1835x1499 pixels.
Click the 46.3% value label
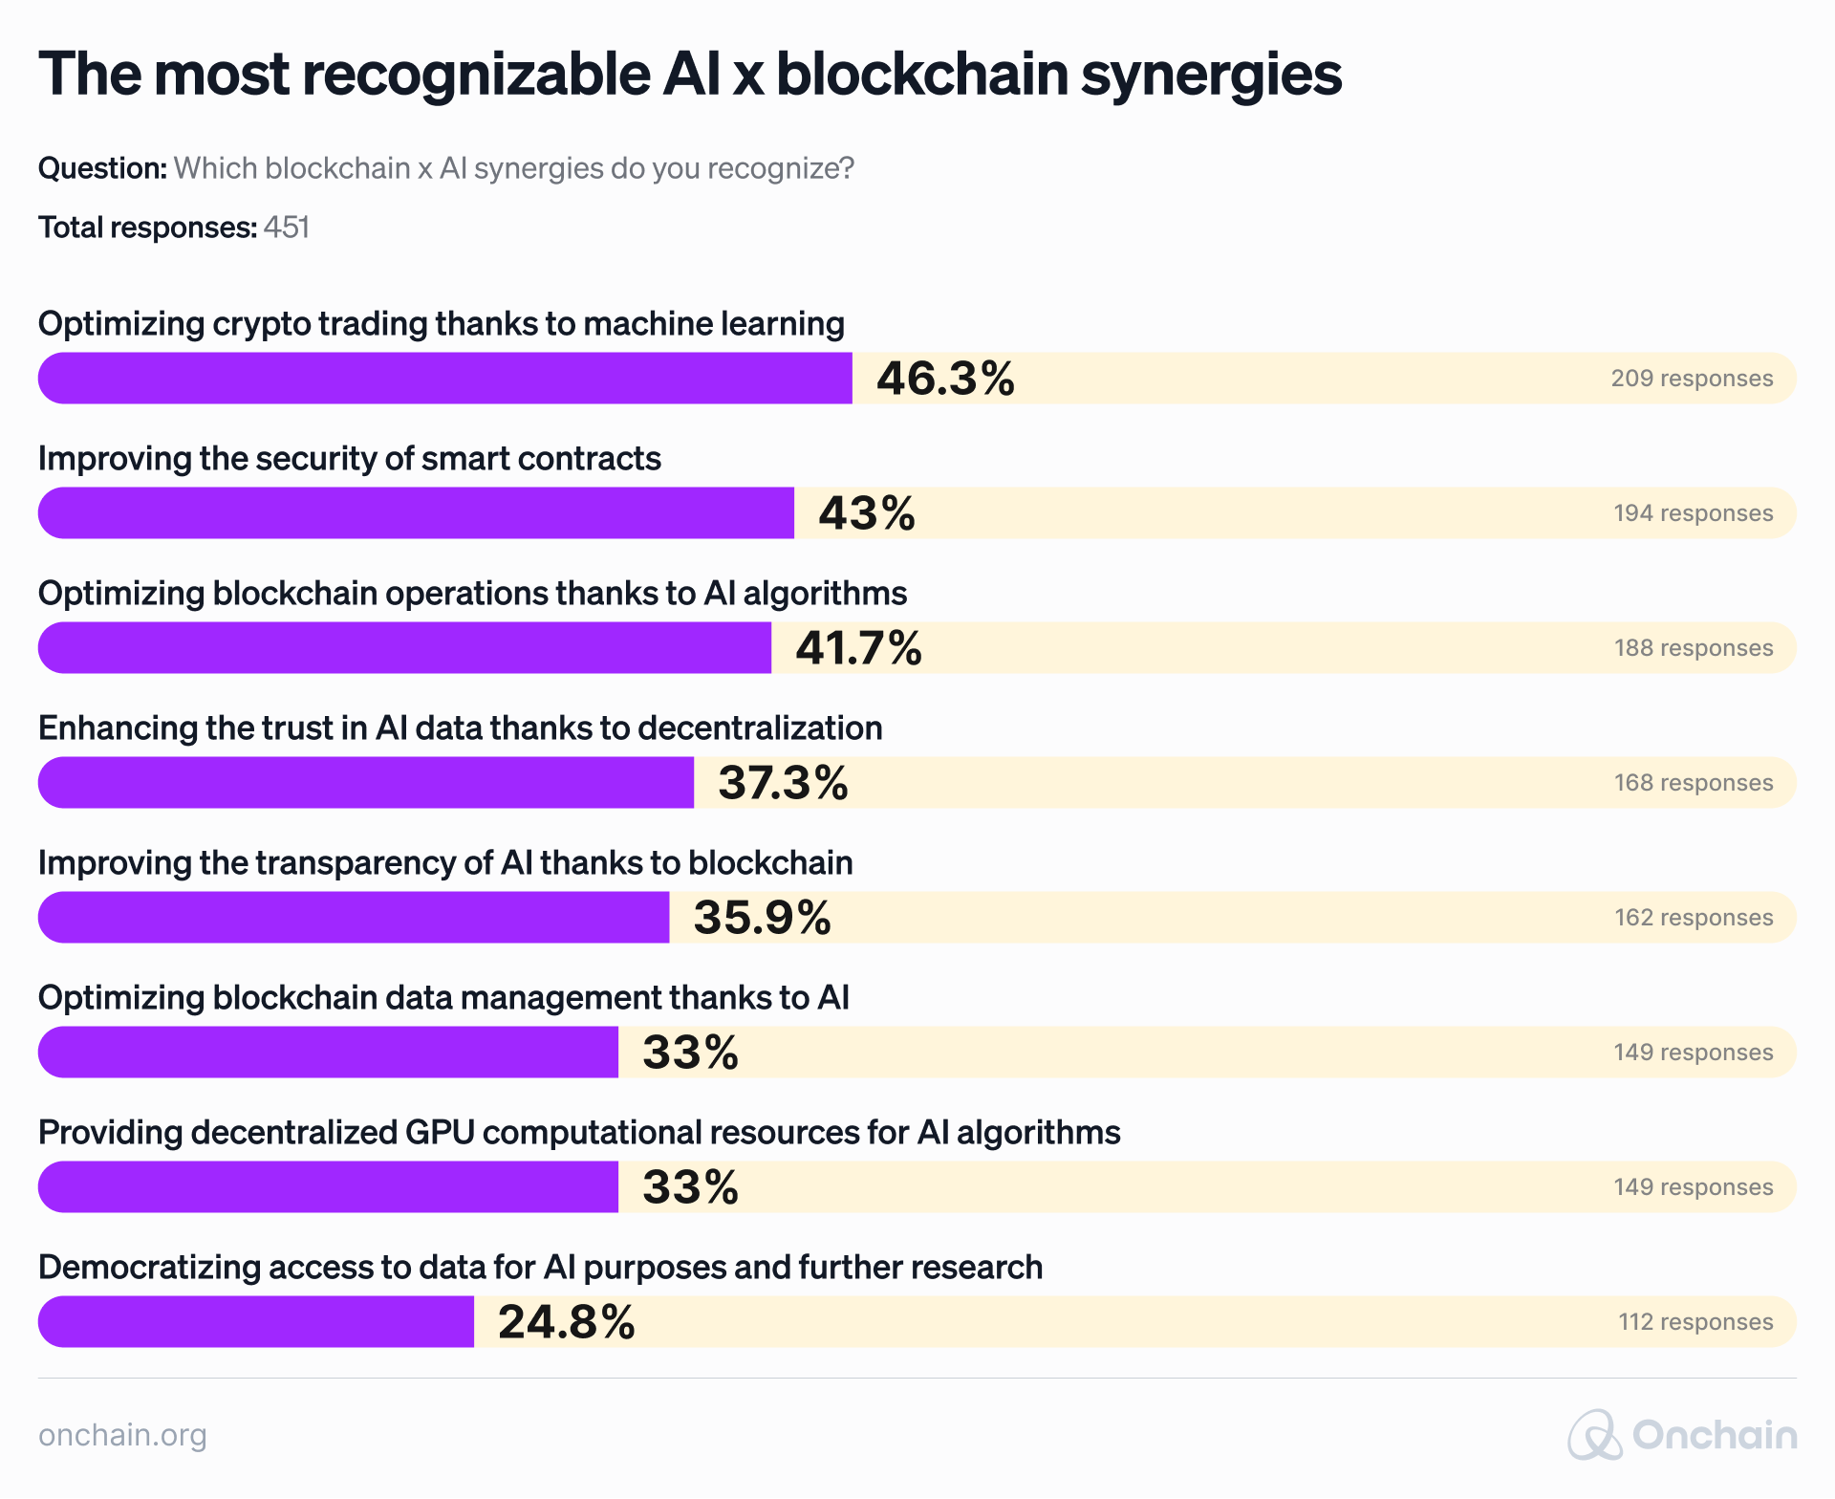pos(945,379)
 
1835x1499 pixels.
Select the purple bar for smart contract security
pos(416,513)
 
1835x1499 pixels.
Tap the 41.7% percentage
pos(858,648)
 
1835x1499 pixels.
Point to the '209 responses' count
pos(1692,379)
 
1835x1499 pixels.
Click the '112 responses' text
pos(1695,1322)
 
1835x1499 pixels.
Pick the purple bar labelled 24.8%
pos(256,1322)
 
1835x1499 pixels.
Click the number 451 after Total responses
pos(287,228)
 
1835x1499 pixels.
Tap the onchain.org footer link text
pos(122,1435)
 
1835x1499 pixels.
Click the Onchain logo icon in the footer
pos(1594,1435)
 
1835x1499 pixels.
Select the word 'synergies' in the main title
pos(1211,74)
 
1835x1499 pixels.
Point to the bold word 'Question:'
pos(103,168)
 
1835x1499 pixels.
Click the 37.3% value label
pos(783,783)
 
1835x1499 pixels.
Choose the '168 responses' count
pos(1694,783)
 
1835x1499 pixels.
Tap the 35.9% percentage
pos(762,918)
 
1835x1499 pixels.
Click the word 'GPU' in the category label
pos(441,1133)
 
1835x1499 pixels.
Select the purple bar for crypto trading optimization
pos(444,379)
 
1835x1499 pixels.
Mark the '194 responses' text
pos(1694,513)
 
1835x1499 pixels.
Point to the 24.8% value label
pos(566,1322)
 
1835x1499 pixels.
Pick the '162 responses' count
pos(1694,918)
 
